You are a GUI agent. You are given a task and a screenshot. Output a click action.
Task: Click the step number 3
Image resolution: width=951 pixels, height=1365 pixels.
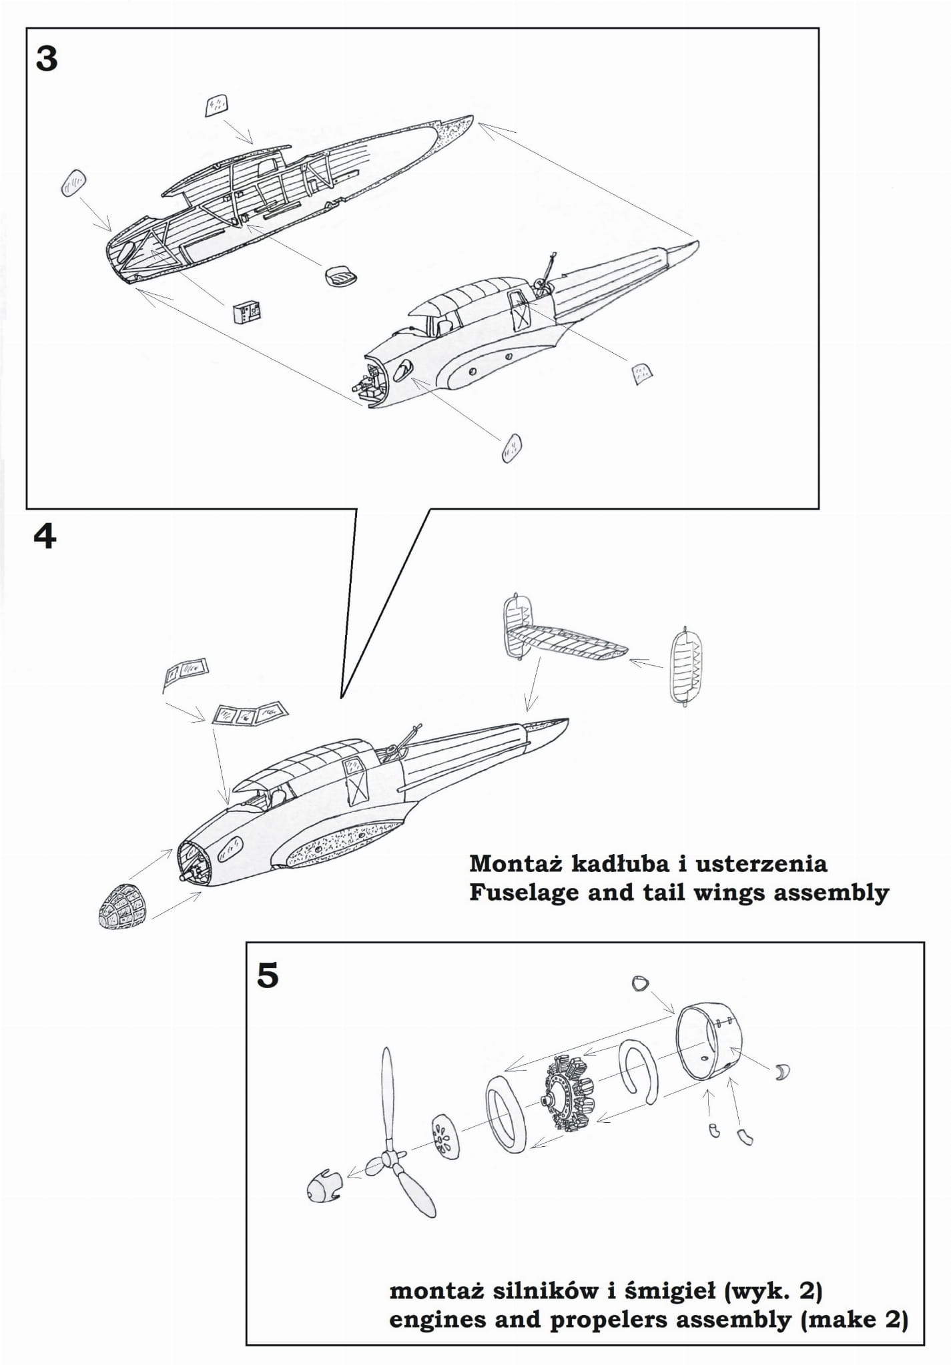[46, 59]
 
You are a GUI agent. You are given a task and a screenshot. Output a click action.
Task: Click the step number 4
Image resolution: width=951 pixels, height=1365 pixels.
[45, 536]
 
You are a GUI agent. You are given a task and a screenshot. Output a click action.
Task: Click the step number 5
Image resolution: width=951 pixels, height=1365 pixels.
[268, 975]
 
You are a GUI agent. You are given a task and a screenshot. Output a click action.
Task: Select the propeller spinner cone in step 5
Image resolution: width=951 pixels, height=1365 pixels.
[324, 1188]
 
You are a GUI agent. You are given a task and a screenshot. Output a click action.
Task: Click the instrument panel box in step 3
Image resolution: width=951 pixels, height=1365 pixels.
[247, 312]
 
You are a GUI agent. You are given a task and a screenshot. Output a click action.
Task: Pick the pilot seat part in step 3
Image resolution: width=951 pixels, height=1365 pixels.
[340, 275]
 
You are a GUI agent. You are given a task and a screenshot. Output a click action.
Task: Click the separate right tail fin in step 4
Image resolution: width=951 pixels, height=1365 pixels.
[686, 666]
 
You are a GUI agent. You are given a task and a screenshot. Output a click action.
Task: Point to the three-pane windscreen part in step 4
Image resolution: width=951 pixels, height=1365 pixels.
[250, 714]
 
